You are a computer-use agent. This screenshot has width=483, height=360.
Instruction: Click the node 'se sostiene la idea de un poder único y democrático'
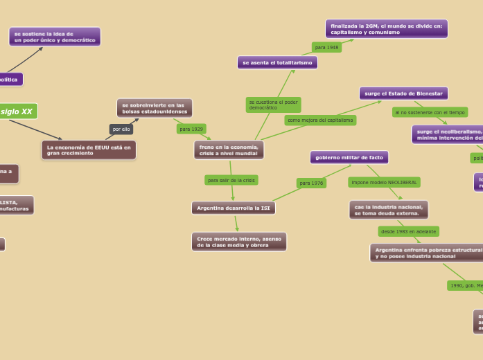point(55,37)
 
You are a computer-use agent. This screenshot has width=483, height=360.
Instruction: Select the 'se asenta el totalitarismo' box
point(277,62)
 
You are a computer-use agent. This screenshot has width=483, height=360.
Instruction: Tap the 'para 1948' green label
point(326,47)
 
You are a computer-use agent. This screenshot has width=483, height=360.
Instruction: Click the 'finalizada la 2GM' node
point(386,29)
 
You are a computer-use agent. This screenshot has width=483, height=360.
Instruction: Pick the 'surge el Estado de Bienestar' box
point(403,93)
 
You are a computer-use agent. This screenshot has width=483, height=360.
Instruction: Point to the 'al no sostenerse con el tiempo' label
point(430,112)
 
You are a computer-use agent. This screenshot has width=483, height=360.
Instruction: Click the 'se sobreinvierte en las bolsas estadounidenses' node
point(155,108)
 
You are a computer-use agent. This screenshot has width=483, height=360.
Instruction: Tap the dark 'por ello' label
point(121,129)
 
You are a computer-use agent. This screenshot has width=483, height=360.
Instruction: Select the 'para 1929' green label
point(191,129)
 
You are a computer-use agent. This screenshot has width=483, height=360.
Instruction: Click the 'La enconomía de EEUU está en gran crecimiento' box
point(89,150)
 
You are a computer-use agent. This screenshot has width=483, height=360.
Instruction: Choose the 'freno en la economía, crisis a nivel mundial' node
point(229,150)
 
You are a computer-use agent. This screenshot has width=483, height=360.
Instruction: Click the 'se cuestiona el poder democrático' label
point(273,105)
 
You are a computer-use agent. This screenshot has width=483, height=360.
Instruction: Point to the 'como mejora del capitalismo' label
point(320,120)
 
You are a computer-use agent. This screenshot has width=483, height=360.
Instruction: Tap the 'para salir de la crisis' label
point(231,180)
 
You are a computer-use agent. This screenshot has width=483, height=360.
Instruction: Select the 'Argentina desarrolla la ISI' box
point(234,208)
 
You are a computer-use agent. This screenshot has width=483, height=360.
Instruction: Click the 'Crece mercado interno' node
point(239,242)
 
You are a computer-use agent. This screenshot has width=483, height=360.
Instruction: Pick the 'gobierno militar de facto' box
point(349,157)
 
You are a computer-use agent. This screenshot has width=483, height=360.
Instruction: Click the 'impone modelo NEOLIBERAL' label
point(384,182)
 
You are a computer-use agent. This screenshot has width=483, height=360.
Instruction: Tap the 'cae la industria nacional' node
point(388,210)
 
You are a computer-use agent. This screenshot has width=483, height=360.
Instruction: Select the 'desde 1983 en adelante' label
point(408,231)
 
